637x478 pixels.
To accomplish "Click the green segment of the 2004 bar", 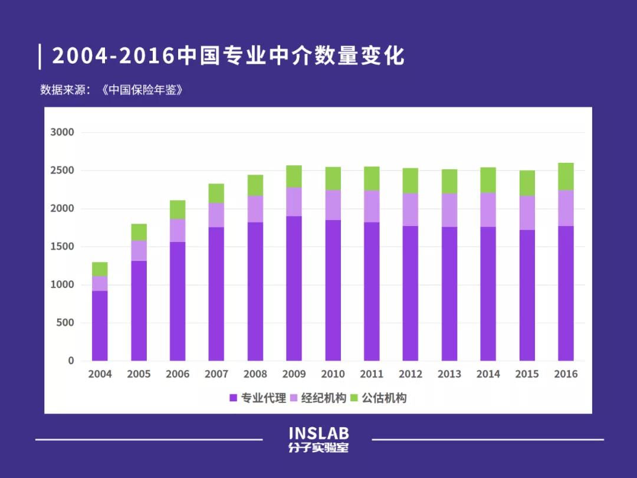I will point(100,269).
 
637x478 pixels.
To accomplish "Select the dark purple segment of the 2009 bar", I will point(294,288).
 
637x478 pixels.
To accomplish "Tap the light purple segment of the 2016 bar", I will point(566,208).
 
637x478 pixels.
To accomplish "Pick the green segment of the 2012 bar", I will point(411,181).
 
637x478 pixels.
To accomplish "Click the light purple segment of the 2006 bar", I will point(178,230).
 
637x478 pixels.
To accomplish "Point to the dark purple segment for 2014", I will point(488,293).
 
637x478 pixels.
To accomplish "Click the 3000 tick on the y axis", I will point(63,132).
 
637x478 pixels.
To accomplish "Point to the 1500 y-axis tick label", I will point(63,247).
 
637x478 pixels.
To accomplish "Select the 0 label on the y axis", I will point(71,361).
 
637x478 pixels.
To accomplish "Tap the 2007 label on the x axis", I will point(216,374).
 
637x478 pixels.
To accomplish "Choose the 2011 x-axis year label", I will point(372,374).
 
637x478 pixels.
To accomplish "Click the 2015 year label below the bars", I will point(527,374).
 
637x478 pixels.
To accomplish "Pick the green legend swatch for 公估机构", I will point(354,398).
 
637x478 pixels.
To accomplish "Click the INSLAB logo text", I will point(318,434).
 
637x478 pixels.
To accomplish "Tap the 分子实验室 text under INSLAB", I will point(318,448).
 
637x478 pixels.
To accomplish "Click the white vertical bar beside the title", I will point(40,56).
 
